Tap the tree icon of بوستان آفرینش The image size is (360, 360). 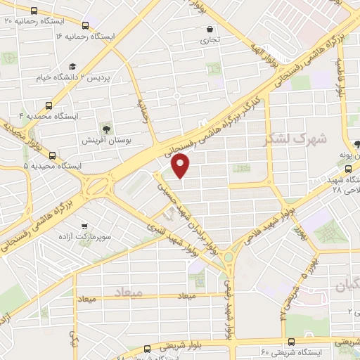tap(106, 128)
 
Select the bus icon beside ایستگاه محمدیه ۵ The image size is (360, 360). tap(52, 155)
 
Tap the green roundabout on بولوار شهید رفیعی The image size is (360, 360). tap(229, 259)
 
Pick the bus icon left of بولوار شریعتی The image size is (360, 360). tap(147, 348)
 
